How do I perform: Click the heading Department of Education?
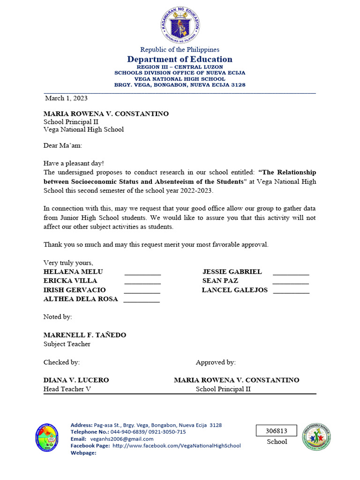click(180, 59)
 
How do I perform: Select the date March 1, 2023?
click(66, 98)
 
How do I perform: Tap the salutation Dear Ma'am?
click(63, 146)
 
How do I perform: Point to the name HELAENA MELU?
click(73, 272)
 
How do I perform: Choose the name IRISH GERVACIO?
click(75, 290)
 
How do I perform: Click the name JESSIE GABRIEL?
click(232, 272)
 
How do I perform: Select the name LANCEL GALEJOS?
click(235, 290)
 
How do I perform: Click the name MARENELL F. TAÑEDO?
click(85, 335)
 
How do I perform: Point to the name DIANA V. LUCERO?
click(76, 380)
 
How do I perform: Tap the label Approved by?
click(216, 362)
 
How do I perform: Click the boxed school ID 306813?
click(277, 431)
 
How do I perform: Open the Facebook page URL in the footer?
click(177, 446)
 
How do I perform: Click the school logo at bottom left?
click(47, 437)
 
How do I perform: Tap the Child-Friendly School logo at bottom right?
click(316, 437)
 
